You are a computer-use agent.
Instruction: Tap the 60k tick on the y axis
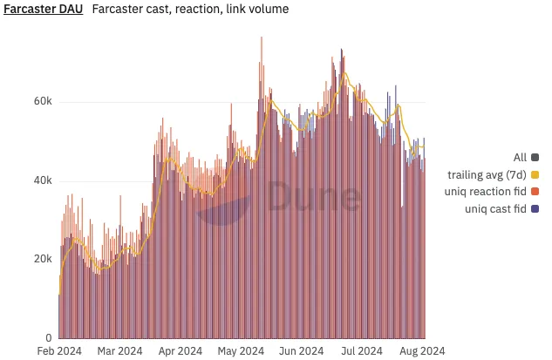coord(43,101)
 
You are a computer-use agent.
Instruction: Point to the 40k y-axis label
coord(43,180)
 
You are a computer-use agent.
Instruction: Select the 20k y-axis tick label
coord(43,259)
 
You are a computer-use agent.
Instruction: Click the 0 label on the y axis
coord(49,338)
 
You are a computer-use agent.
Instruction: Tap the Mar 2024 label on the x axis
coord(119,351)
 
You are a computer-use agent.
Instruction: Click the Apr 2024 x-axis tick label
coord(180,351)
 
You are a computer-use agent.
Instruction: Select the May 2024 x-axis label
coord(240,351)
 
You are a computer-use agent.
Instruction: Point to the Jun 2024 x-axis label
coord(301,351)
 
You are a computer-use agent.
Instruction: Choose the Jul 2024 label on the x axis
coord(361,351)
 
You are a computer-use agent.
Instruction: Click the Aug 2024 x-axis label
coord(422,351)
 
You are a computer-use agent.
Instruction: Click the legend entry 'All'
coord(520,158)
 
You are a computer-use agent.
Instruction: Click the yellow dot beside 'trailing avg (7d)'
coord(535,174)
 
